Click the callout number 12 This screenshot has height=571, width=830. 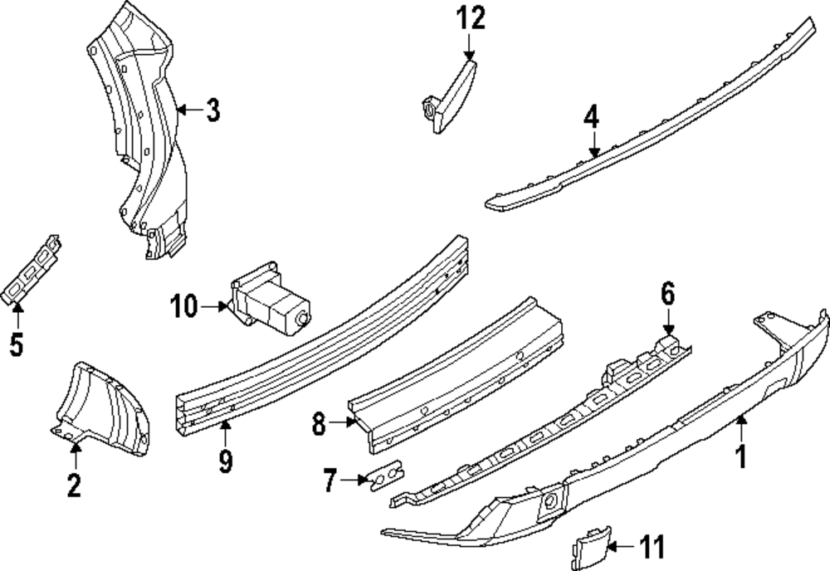(x=468, y=17)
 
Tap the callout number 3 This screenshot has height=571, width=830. (x=213, y=110)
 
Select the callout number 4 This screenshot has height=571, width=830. (x=590, y=117)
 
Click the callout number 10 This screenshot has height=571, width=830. (x=185, y=307)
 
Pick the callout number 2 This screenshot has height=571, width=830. (x=74, y=484)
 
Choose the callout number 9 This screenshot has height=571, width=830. (x=226, y=459)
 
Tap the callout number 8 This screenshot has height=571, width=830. (x=319, y=425)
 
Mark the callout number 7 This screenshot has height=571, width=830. (x=330, y=479)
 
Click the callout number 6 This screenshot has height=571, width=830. (x=668, y=294)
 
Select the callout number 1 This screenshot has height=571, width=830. (x=742, y=456)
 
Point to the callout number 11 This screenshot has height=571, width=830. (x=652, y=547)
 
